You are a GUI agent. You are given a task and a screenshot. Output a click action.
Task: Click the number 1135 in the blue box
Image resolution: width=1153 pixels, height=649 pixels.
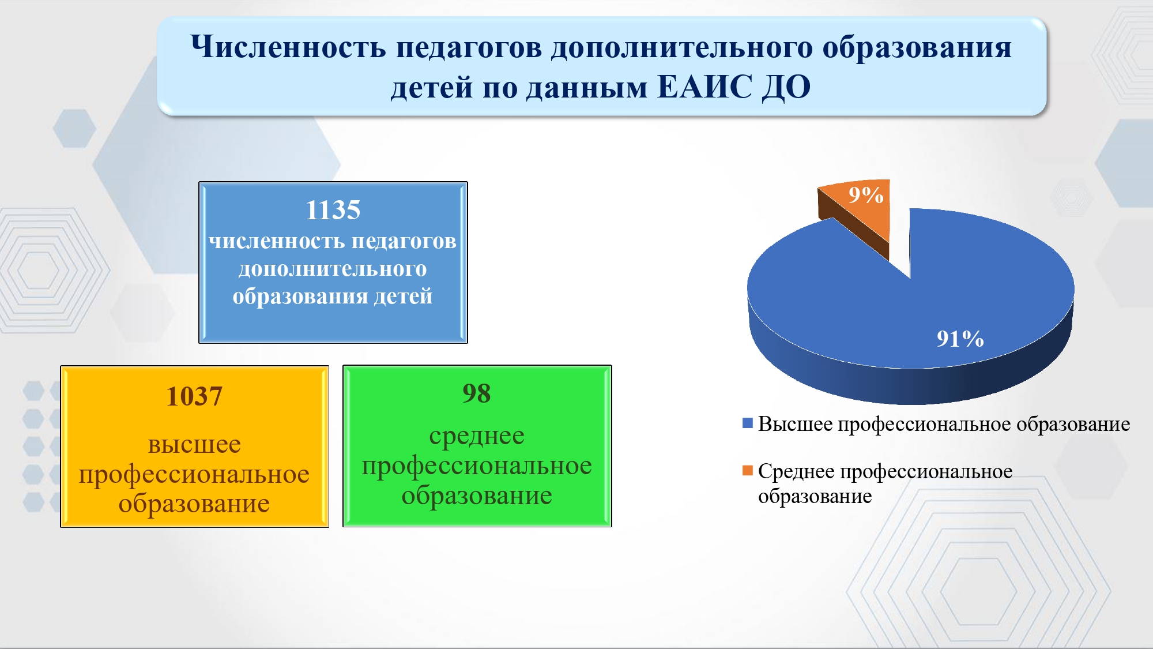click(x=333, y=210)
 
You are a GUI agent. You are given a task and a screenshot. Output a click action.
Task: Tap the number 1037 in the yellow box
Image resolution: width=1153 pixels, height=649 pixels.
click(x=194, y=396)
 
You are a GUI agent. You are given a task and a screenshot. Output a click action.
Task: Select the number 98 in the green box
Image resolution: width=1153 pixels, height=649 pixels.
click(x=477, y=393)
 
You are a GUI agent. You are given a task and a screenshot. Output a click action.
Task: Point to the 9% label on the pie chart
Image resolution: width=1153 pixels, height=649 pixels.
click(x=866, y=195)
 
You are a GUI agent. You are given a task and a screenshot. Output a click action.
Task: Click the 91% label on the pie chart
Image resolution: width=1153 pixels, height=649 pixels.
click(x=960, y=339)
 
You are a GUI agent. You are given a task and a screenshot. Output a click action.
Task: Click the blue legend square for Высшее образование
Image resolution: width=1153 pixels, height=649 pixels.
click(x=748, y=423)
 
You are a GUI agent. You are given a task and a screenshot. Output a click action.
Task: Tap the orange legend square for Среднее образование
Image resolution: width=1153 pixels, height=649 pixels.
click(x=748, y=471)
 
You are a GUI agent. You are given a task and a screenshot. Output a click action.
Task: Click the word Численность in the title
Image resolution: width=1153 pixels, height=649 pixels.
click(x=288, y=47)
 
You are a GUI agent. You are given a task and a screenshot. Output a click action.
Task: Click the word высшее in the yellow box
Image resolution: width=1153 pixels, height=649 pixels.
click(x=194, y=445)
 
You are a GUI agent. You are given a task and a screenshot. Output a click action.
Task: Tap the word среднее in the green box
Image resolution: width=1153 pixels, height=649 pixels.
click(x=477, y=437)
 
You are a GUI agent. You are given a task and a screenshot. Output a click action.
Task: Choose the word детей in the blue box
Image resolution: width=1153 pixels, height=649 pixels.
click(x=403, y=297)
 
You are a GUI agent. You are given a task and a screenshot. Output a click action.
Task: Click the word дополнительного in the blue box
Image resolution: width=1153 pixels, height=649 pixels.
click(x=333, y=269)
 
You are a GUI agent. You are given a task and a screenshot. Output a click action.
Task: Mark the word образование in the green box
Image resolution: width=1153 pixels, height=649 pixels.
click(x=477, y=496)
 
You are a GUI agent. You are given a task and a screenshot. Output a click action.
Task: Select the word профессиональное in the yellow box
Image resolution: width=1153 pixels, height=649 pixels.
click(x=194, y=475)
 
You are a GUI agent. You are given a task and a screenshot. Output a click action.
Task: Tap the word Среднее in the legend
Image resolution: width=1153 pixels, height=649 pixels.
click(x=796, y=472)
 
